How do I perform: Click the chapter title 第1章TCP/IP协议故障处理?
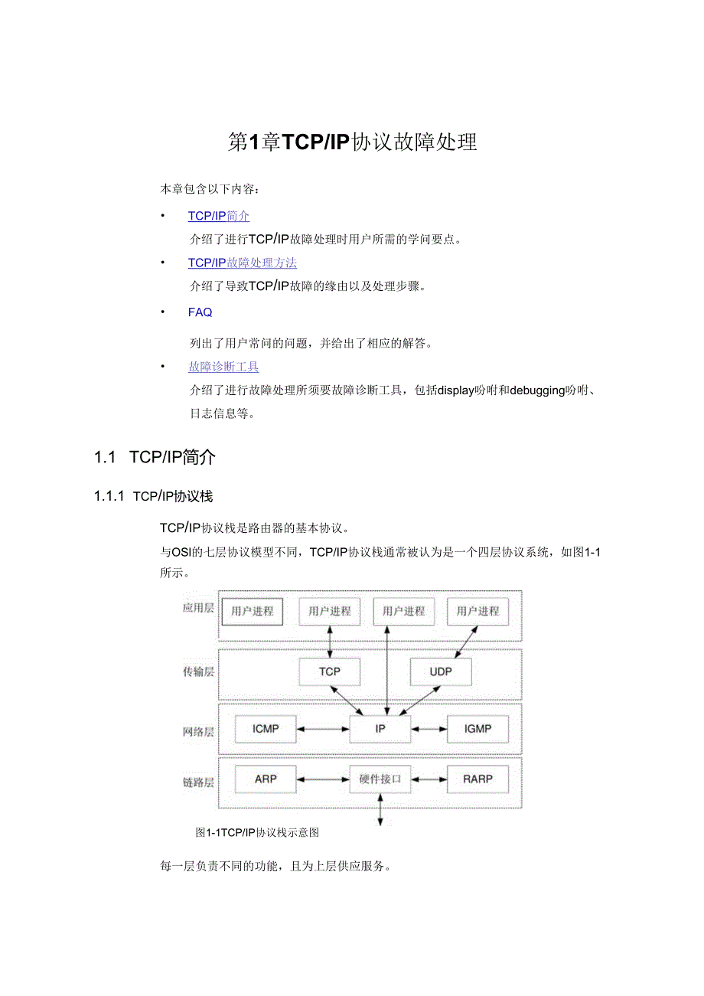pos(352,142)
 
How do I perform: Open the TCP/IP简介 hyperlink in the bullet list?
pos(219,217)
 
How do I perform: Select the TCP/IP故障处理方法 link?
pos(243,263)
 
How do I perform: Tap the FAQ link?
pos(200,312)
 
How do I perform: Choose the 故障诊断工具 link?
pos(223,367)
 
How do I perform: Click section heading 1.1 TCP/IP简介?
pos(155,458)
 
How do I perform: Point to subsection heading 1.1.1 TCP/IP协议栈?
pos(153,497)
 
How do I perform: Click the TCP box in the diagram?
pos(330,671)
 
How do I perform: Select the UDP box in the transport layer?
pos(441,671)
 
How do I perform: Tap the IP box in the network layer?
pos(380,729)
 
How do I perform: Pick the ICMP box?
pos(266,729)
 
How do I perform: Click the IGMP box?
pos(477,729)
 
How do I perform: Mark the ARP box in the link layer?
pos(266,779)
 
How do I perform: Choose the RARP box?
pos(477,779)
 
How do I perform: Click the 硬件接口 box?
pos(380,779)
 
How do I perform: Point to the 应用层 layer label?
pos(197,609)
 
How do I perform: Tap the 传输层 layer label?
pos(197,671)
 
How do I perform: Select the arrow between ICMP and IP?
pos(323,729)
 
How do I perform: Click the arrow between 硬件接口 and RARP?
pos(429,779)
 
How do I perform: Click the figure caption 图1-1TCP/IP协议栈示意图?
pos(257,832)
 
